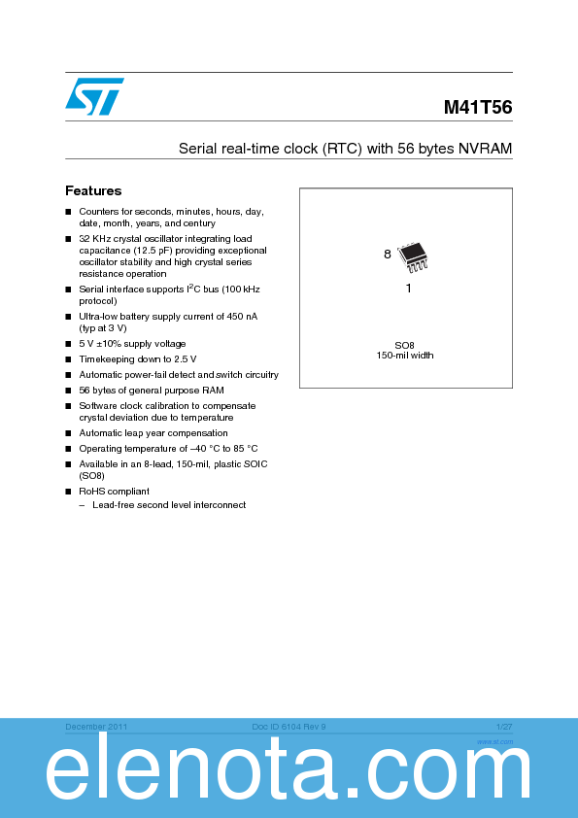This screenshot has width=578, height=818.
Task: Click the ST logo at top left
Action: pyautogui.click(x=94, y=95)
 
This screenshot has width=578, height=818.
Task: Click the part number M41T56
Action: pyautogui.click(x=478, y=109)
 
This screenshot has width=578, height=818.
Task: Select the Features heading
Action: pyautogui.click(x=93, y=191)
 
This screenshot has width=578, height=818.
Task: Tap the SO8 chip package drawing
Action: pyautogui.click(x=413, y=255)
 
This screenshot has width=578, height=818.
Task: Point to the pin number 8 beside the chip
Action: pyautogui.click(x=387, y=255)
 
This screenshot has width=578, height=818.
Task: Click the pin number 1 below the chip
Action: pyautogui.click(x=408, y=289)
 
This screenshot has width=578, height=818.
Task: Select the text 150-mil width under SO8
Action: pyautogui.click(x=405, y=355)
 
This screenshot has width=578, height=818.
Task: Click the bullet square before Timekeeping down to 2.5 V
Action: pyautogui.click(x=69, y=359)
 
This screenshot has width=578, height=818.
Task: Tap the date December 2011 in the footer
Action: pyautogui.click(x=96, y=727)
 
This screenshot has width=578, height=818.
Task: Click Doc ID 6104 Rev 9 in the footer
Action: pyautogui.click(x=289, y=727)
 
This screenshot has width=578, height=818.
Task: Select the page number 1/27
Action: pyautogui.click(x=503, y=727)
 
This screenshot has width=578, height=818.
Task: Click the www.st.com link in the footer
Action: pyautogui.click(x=494, y=740)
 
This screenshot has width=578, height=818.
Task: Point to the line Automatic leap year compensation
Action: pyautogui.click(x=153, y=433)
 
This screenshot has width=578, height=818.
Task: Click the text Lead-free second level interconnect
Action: pyautogui.click(x=169, y=505)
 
